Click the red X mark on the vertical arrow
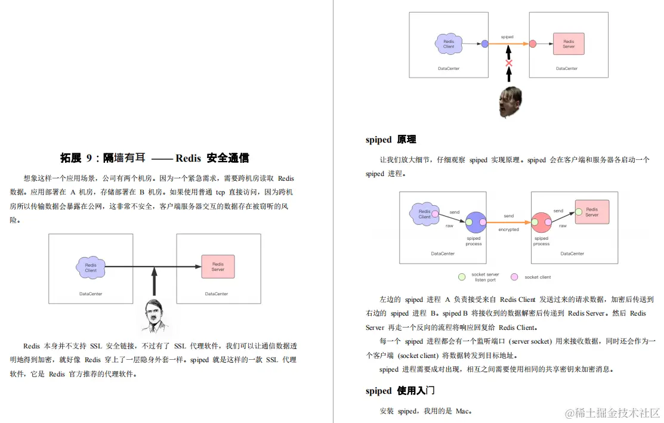509,63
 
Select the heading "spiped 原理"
391,140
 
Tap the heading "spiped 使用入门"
400,391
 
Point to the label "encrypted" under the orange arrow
508,230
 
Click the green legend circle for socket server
462,277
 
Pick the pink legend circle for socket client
514,277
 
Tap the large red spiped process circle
541,223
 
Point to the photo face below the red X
510,102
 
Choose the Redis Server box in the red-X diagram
569,44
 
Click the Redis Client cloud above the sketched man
91,267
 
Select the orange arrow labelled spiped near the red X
507,44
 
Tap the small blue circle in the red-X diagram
484,44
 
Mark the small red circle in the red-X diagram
533,44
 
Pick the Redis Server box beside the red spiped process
592,212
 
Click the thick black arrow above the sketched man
154,282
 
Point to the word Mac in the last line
462,411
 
